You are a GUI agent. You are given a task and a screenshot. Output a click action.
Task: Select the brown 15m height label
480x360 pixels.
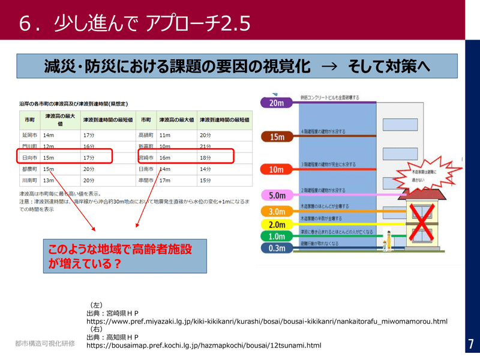(x=277, y=137)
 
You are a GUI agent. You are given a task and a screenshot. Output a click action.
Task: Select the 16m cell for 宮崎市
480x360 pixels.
(x=165, y=158)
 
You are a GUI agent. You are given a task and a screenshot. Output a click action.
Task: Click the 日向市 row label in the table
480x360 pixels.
(x=29, y=158)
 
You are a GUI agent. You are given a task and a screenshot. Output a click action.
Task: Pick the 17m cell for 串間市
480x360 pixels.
(x=165, y=180)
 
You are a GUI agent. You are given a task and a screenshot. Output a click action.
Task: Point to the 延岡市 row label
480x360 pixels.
(x=29, y=136)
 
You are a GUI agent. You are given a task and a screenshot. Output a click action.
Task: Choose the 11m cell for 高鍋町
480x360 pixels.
(x=165, y=136)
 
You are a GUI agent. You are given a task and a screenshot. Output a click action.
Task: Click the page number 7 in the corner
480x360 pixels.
(x=471, y=344)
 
